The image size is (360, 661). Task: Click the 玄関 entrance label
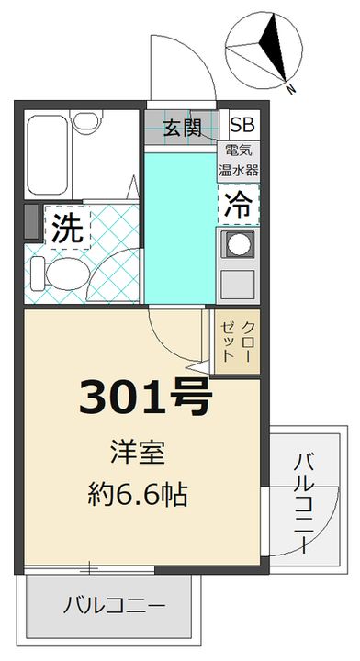click(182, 127)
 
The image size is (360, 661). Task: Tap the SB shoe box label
click(242, 126)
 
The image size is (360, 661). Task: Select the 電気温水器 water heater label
click(239, 162)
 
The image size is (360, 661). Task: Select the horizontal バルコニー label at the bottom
click(115, 607)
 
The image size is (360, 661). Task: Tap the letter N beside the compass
click(291, 89)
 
